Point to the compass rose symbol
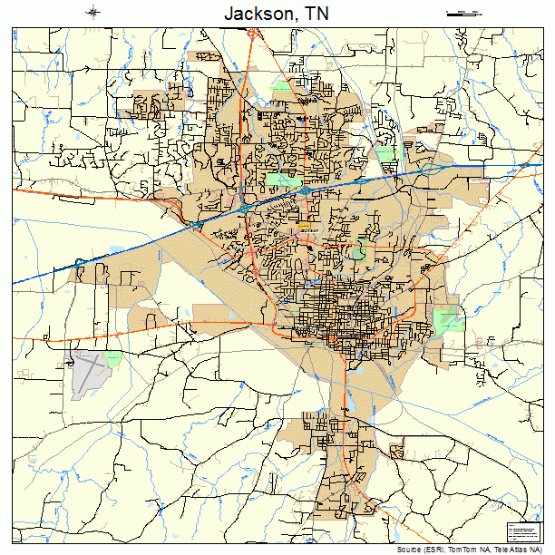(93, 12)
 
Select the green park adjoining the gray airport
(112, 359)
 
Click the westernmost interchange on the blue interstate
(80, 264)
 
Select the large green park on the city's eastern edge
(447, 319)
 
